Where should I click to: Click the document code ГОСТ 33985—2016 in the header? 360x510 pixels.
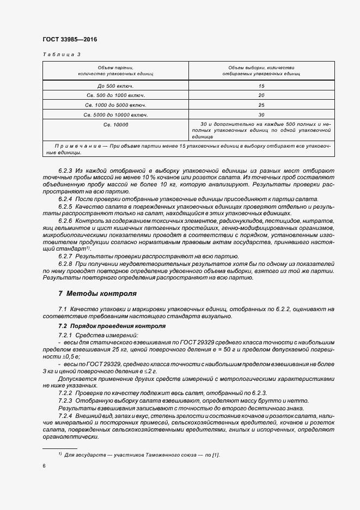click(x=66, y=40)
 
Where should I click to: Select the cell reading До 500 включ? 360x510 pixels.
click(x=115, y=86)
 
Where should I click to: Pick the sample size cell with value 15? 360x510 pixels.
click(x=261, y=86)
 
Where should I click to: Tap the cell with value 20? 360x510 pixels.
click(x=261, y=95)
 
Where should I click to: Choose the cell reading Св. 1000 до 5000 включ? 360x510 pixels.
click(x=115, y=105)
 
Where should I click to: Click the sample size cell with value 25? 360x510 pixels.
click(x=261, y=105)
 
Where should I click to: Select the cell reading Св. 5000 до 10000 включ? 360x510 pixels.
click(x=115, y=114)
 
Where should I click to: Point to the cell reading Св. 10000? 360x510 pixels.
click(x=115, y=125)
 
